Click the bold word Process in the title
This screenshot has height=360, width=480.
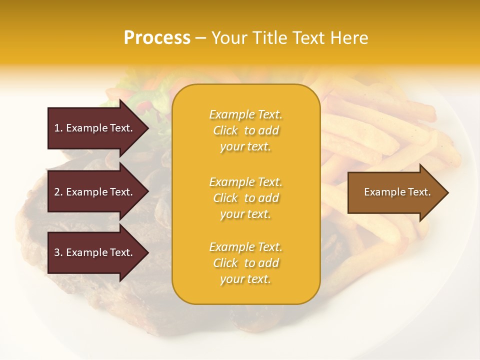click(157, 38)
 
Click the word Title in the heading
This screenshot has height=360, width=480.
click(270, 38)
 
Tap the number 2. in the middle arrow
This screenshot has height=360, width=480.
click(58, 192)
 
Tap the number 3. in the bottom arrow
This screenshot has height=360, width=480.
click(58, 252)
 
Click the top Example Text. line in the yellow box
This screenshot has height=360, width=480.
click(245, 114)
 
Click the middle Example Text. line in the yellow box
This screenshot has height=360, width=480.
click(245, 182)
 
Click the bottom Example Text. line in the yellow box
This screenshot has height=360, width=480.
click(245, 247)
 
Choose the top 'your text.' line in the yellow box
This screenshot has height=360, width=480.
click(245, 147)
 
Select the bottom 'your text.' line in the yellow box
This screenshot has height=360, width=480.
click(245, 279)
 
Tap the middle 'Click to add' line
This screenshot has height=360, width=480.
click(245, 198)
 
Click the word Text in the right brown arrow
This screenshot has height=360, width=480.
click(419, 192)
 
